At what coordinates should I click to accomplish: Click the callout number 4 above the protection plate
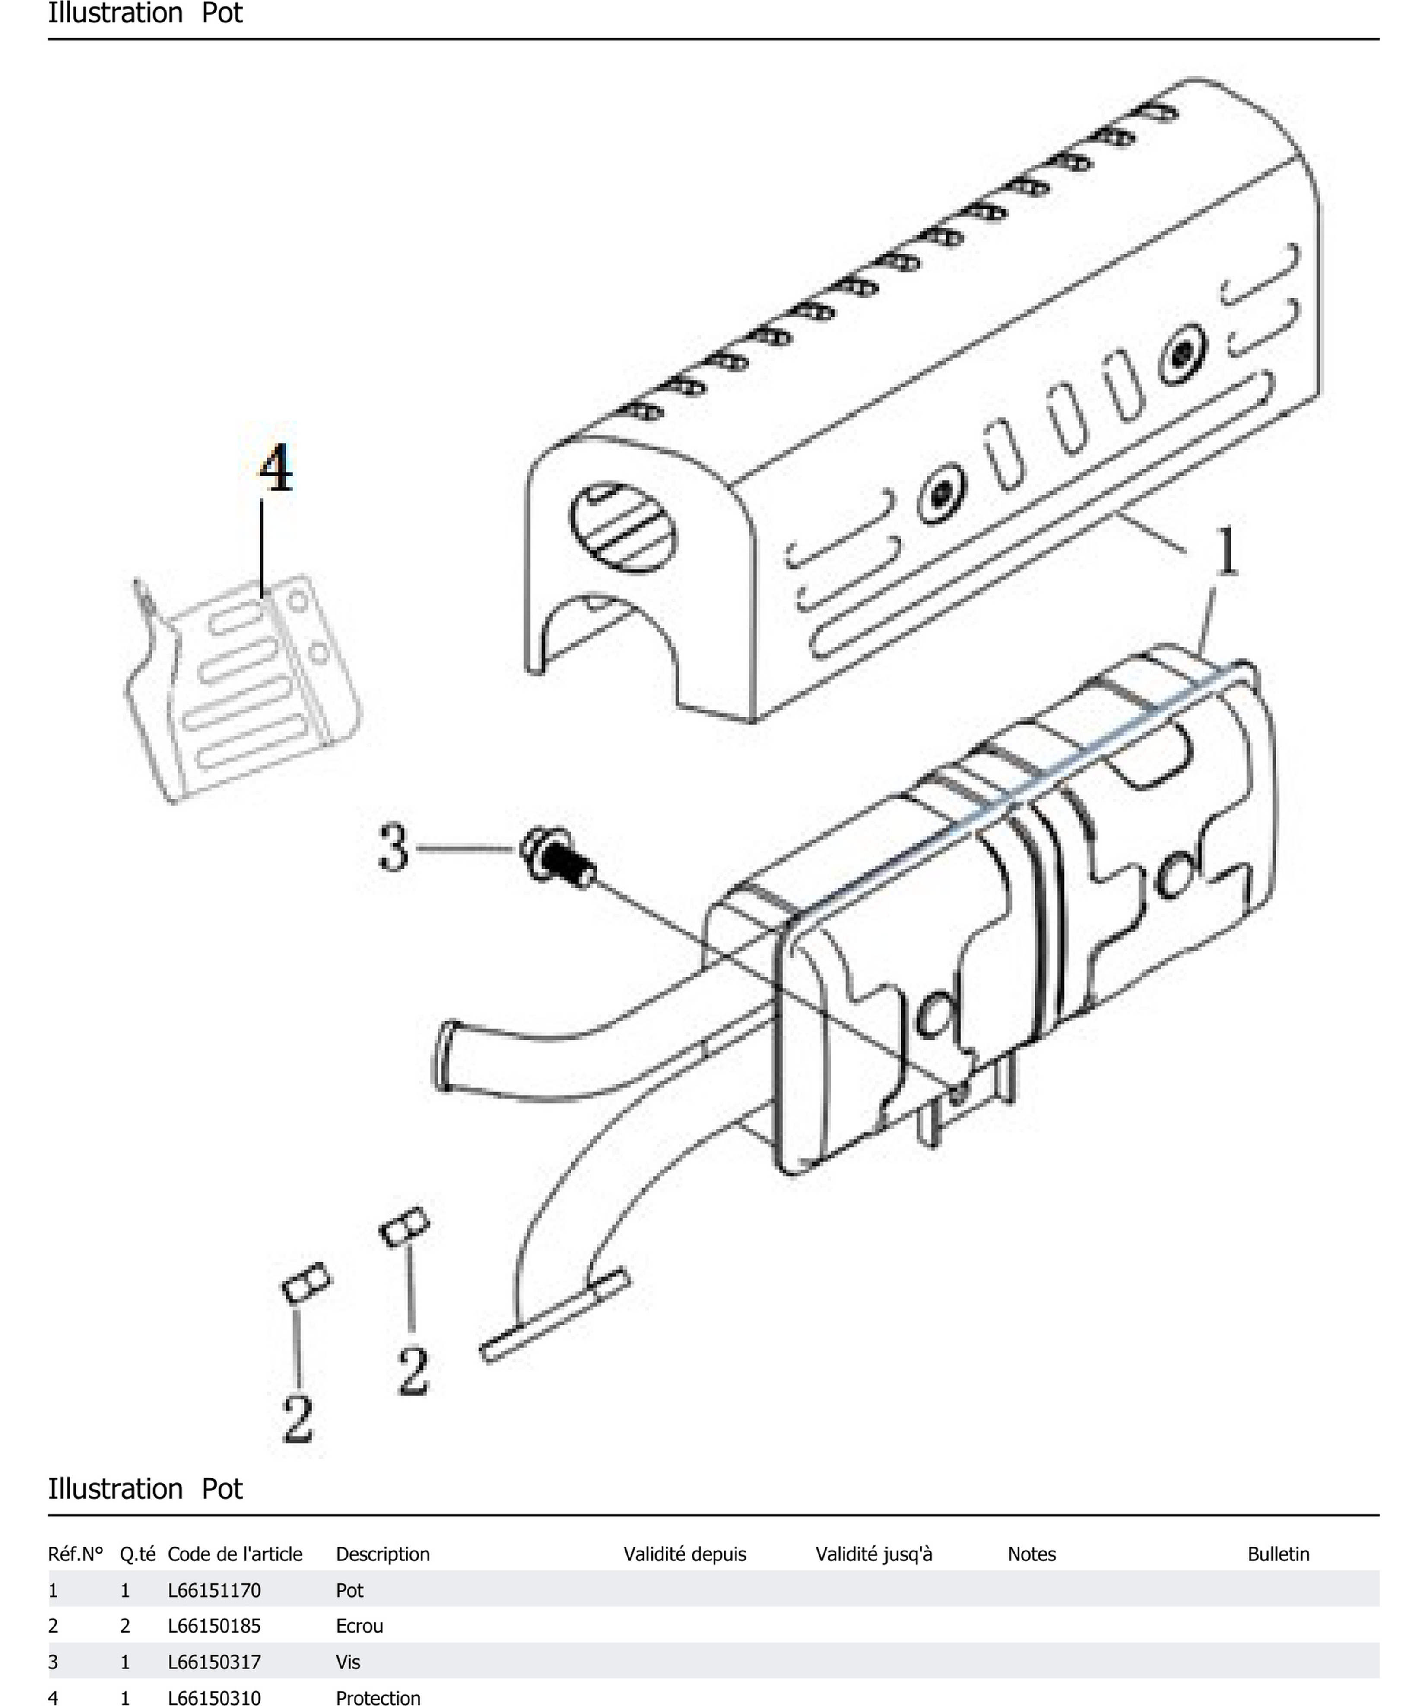(276, 469)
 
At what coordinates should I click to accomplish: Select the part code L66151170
(214, 1590)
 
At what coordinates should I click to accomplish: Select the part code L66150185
(214, 1626)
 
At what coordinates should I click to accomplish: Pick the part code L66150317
(214, 1662)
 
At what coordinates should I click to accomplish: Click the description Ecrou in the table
(359, 1626)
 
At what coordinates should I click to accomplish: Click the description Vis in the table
(348, 1662)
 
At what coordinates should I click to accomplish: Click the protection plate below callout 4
(244, 691)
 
